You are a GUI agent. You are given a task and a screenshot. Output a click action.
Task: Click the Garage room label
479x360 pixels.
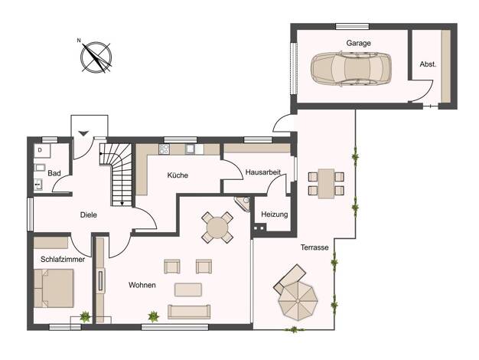click(x=358, y=43)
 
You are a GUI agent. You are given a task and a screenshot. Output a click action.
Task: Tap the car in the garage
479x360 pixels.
click(x=351, y=69)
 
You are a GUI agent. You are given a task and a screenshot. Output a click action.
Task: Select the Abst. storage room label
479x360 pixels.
click(x=428, y=64)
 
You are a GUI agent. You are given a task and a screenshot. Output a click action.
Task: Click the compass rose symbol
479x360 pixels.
click(x=96, y=57)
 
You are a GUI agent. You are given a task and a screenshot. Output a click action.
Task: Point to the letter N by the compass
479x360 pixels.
click(x=79, y=40)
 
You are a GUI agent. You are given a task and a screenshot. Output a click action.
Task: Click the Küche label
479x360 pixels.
click(x=178, y=175)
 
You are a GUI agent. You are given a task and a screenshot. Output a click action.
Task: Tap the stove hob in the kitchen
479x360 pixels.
click(x=164, y=149)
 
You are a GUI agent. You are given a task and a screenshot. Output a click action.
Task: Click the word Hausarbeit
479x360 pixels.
click(x=263, y=172)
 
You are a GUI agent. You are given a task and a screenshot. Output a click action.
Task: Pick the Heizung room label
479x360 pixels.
click(x=275, y=214)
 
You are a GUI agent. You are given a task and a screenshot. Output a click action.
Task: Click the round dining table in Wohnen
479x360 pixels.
click(x=217, y=227)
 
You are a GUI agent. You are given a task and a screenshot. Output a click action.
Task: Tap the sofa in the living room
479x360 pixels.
click(x=189, y=312)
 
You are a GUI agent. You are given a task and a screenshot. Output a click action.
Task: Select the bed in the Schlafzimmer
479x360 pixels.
click(x=54, y=288)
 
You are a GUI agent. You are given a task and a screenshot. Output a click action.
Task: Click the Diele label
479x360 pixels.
click(x=89, y=215)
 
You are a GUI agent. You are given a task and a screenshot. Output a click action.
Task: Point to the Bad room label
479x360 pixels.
click(x=54, y=173)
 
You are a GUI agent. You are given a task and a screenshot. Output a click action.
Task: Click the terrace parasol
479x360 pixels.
click(x=298, y=301)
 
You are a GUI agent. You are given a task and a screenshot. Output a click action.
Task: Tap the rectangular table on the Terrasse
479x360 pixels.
click(x=326, y=184)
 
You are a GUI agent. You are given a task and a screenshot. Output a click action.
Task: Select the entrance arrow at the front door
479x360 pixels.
click(x=83, y=133)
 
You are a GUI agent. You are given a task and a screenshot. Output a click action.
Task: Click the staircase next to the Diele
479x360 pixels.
click(x=116, y=175)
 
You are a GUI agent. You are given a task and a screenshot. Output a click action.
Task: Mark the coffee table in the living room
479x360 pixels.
click(x=188, y=290)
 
